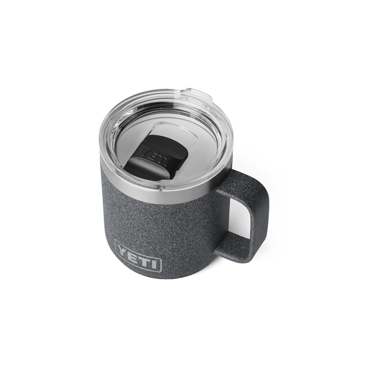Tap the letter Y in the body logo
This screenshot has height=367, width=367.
[x=123, y=249]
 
